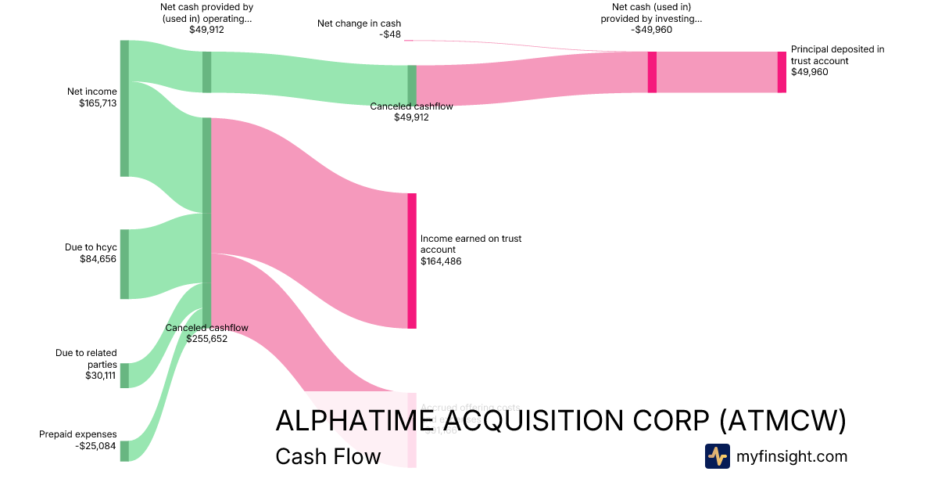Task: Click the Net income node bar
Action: [124, 109]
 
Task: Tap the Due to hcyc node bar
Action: [124, 264]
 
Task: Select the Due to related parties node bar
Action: [124, 376]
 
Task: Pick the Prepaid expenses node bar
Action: [124, 451]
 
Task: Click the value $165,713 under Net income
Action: [98, 103]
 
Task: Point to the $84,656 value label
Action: [98, 258]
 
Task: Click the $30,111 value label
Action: [101, 376]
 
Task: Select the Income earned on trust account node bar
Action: [412, 261]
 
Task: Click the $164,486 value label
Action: [441, 261]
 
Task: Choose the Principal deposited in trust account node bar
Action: [782, 72]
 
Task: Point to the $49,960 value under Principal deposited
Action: [809, 72]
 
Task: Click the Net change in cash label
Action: [359, 23]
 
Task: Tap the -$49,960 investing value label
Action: [651, 30]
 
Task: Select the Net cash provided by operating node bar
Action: [207, 72]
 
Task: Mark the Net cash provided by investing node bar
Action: [652, 72]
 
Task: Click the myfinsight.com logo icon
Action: [717, 456]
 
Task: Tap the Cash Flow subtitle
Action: [328, 456]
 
